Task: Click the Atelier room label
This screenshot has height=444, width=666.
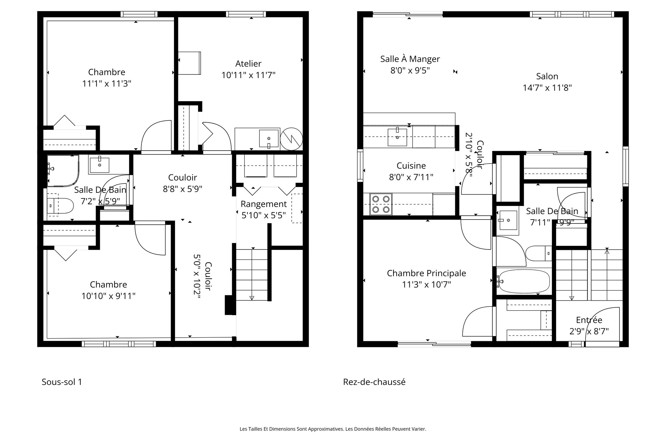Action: (248, 64)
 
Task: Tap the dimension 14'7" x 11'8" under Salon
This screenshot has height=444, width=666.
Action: (547, 88)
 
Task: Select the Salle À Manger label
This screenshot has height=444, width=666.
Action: (410, 59)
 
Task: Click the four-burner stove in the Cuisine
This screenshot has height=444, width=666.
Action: (381, 204)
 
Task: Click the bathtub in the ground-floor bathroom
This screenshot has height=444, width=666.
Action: (524, 281)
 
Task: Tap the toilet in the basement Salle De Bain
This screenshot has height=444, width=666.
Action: (60, 205)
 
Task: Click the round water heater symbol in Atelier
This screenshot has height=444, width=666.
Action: (291, 139)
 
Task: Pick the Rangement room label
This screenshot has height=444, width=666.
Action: (263, 204)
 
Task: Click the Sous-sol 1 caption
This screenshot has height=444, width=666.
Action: (62, 382)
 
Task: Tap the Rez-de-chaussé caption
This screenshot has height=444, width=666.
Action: (374, 382)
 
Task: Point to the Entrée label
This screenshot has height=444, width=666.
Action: (589, 320)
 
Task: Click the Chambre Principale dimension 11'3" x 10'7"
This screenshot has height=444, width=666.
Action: (426, 285)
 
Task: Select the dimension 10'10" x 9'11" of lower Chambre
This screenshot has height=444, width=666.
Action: (108, 296)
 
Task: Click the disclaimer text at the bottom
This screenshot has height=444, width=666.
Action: (333, 429)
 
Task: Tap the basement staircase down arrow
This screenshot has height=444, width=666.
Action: (252, 297)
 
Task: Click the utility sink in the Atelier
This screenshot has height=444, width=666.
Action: (269, 138)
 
